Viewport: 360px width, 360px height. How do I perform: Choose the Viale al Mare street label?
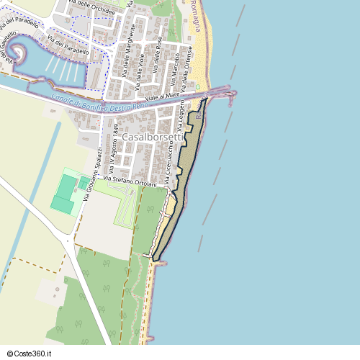pyautogui.click(x=162, y=96)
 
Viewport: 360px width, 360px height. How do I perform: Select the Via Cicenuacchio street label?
pyautogui.click(x=171, y=164)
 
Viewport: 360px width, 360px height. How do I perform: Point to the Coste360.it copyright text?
pyautogui.click(x=34, y=352)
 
